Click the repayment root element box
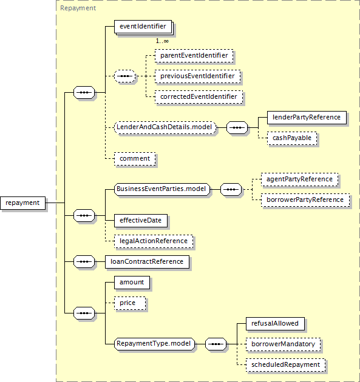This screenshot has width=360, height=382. point(22,203)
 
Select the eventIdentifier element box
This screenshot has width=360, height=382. point(143,27)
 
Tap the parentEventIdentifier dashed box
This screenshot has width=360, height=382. point(194,56)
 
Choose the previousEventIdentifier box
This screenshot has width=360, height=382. point(197,76)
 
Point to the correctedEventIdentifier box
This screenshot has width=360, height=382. point(199,97)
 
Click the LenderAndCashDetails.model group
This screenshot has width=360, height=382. point(165,127)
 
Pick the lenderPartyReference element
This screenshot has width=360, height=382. point(307,118)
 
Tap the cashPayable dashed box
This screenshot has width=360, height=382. point(292,138)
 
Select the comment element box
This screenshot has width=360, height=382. point(135,159)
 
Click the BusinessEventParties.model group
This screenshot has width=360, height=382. point(162,189)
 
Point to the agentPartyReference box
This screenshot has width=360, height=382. point(299,179)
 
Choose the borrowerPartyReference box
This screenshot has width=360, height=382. point(305,200)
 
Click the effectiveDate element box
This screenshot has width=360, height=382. point(141,221)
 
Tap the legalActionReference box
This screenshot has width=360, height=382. point(154,241)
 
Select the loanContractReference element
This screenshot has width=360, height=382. point(147,262)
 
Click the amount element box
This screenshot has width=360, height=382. point(132,283)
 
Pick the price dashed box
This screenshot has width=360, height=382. point(130,303)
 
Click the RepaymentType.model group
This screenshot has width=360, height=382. point(154,344)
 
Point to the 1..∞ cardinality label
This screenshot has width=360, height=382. point(162,41)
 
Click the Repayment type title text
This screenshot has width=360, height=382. point(78,8)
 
